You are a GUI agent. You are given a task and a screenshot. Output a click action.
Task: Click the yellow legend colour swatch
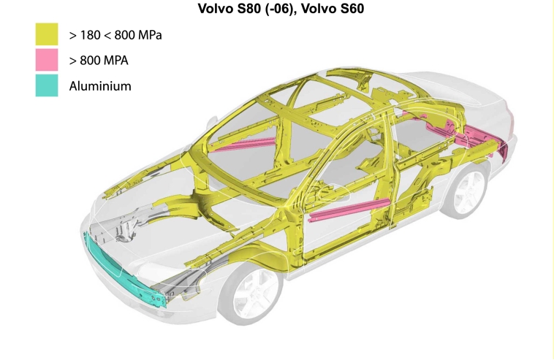(47, 34)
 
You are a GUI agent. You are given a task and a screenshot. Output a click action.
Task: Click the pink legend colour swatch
(47, 60)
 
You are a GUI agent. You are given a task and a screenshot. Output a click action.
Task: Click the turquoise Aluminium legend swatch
(47, 85)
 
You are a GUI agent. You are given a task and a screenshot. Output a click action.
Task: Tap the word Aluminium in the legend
(100, 86)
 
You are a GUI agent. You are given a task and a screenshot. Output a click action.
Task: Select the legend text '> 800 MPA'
(99, 61)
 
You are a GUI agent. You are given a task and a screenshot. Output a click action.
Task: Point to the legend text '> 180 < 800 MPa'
(115, 35)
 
